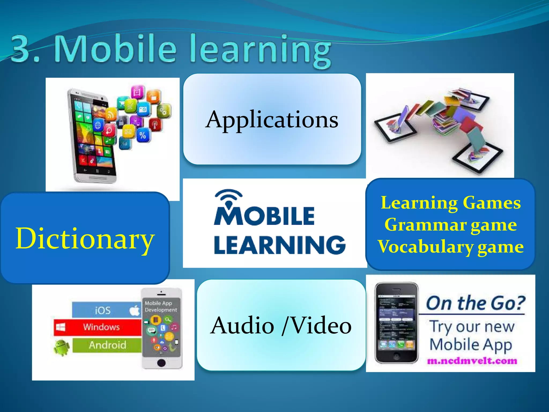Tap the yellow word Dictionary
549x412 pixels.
coord(85,238)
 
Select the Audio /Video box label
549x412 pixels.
coord(281,325)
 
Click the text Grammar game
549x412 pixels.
coord(451,225)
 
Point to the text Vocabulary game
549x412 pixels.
coord(451,247)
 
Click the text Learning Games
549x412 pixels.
coord(451,203)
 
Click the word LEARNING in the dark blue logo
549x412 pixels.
coord(280,245)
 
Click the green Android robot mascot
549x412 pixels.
coord(62,347)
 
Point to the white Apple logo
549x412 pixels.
coord(135,310)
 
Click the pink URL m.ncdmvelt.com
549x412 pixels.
coord(472,361)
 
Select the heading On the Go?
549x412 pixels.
coord(475,303)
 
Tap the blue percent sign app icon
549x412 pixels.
coord(143,135)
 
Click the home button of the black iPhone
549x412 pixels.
coord(396,356)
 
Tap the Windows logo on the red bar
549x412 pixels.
coord(60,327)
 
